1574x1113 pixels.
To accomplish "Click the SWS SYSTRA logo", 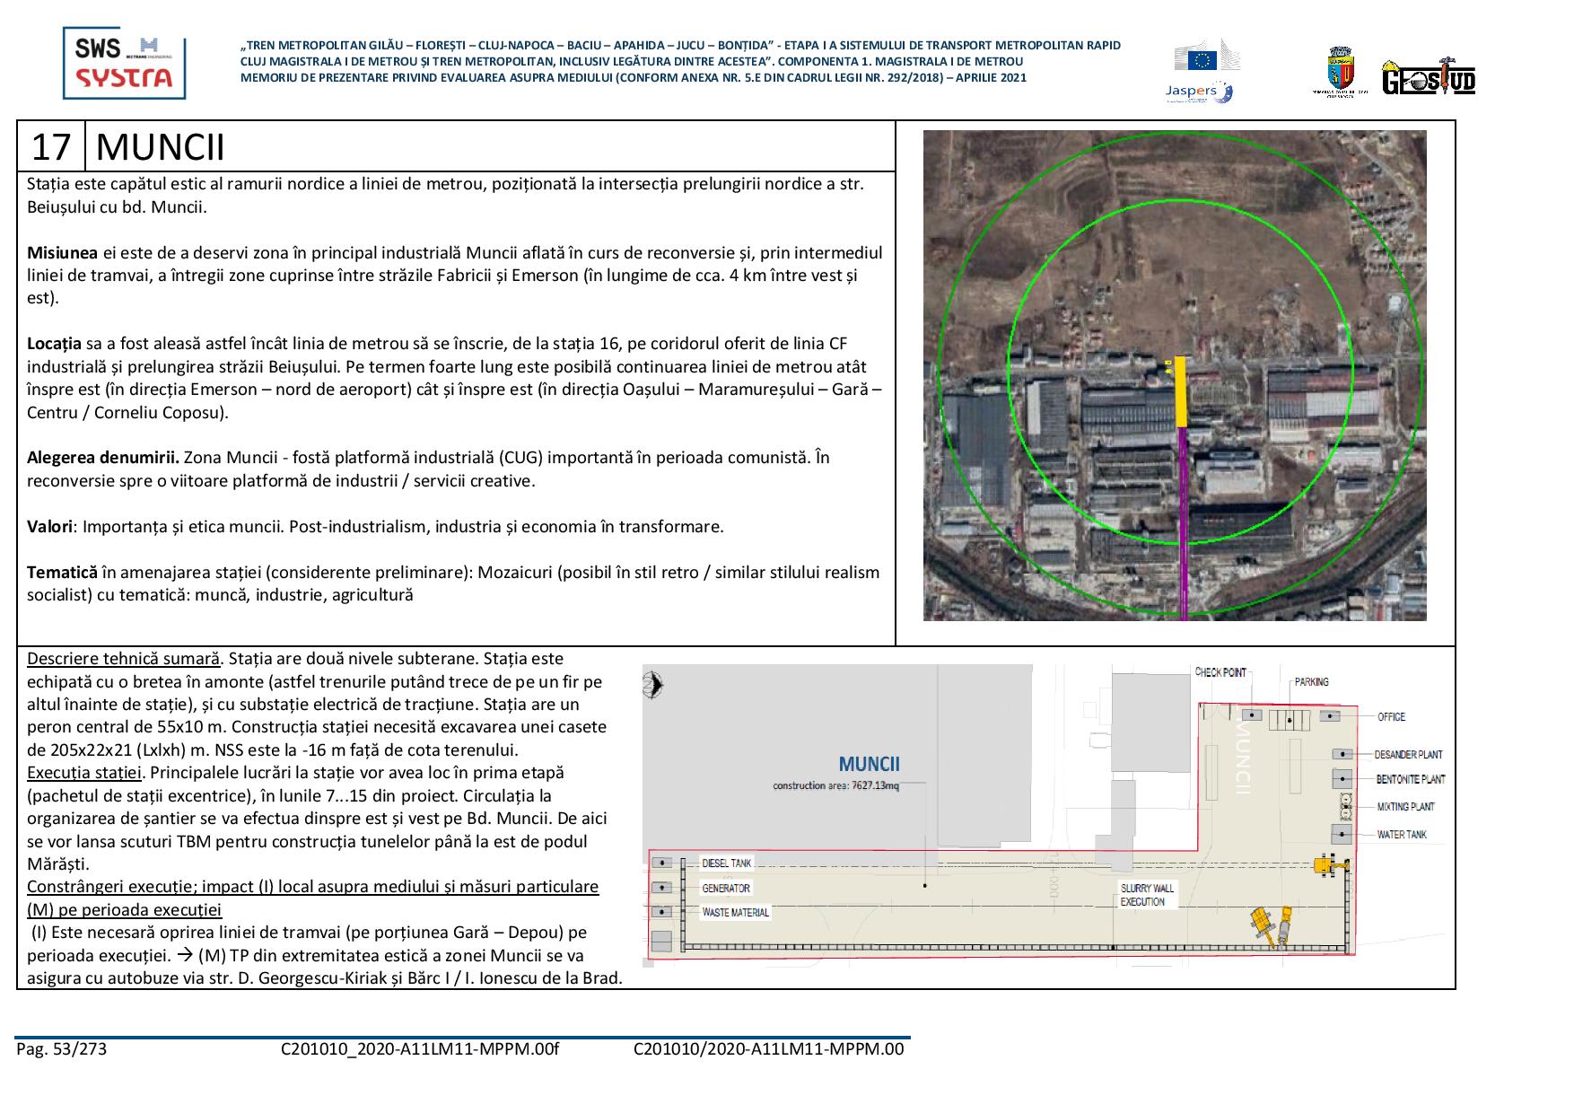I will pyautogui.click(x=124, y=62).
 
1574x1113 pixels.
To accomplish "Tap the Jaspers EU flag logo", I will pyautogui.click(x=1202, y=70).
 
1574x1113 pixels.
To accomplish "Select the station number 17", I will pyautogui.click(x=51, y=146).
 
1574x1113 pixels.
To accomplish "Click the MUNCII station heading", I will pyautogui.click(x=160, y=146).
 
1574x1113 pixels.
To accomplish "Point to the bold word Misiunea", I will pyautogui.click(x=62, y=252).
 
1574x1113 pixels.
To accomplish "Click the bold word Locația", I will pyautogui.click(x=54, y=344).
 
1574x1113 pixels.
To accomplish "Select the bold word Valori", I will pyautogui.click(x=49, y=527).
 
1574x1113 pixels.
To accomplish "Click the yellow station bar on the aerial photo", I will pyautogui.click(x=1181, y=391).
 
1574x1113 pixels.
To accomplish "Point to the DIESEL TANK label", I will pyautogui.click(x=727, y=863).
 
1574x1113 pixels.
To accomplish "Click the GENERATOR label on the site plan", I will pyautogui.click(x=726, y=889).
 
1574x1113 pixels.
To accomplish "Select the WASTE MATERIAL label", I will pyautogui.click(x=736, y=913).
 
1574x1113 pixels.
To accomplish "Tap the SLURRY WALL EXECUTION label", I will pyautogui.click(x=1146, y=895).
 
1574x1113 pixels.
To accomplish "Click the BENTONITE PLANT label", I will pyautogui.click(x=1411, y=779).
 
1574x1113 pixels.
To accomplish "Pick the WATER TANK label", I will pyautogui.click(x=1402, y=835).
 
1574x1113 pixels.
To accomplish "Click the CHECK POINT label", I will pyautogui.click(x=1220, y=672).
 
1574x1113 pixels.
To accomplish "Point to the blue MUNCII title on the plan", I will pyautogui.click(x=869, y=765).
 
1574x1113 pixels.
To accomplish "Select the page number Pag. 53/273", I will pyautogui.click(x=61, y=1048).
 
